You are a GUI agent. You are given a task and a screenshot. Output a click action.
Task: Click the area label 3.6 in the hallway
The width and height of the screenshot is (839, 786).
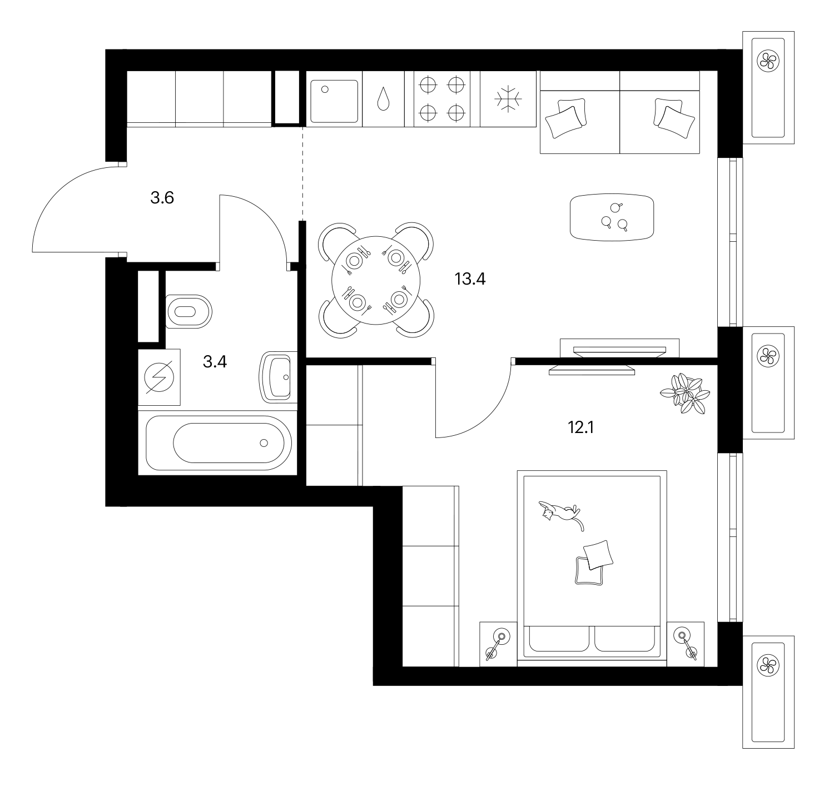point(162,198)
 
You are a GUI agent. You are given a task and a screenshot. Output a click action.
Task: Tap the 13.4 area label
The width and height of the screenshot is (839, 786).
point(470,278)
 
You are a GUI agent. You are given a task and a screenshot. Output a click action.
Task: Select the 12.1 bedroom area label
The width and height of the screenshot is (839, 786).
point(581,427)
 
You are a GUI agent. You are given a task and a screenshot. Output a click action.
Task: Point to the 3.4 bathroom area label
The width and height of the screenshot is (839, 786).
point(215,361)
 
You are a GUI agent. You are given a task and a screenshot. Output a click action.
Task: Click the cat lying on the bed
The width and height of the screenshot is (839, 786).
point(562,514)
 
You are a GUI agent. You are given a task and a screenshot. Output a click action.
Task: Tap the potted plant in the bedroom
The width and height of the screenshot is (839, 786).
point(685,393)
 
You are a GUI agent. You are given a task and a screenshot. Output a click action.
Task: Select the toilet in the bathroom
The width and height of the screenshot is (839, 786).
point(189,312)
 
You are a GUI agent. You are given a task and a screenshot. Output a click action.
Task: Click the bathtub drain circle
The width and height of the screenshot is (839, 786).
point(264,443)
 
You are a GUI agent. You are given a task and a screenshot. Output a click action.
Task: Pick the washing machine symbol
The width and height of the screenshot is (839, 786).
point(159,377)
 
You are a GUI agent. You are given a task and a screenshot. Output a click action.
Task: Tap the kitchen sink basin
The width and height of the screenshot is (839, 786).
point(334,101)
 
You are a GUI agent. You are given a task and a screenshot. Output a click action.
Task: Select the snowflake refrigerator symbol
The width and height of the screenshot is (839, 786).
point(508,100)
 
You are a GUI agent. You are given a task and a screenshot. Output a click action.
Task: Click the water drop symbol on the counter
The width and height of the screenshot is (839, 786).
point(383,100)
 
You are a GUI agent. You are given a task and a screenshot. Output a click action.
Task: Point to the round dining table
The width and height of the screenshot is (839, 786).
point(376,280)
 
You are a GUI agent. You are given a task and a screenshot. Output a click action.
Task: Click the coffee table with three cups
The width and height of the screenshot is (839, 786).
point(612,217)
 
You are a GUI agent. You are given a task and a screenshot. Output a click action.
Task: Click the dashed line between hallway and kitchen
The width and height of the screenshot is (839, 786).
point(302,173)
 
